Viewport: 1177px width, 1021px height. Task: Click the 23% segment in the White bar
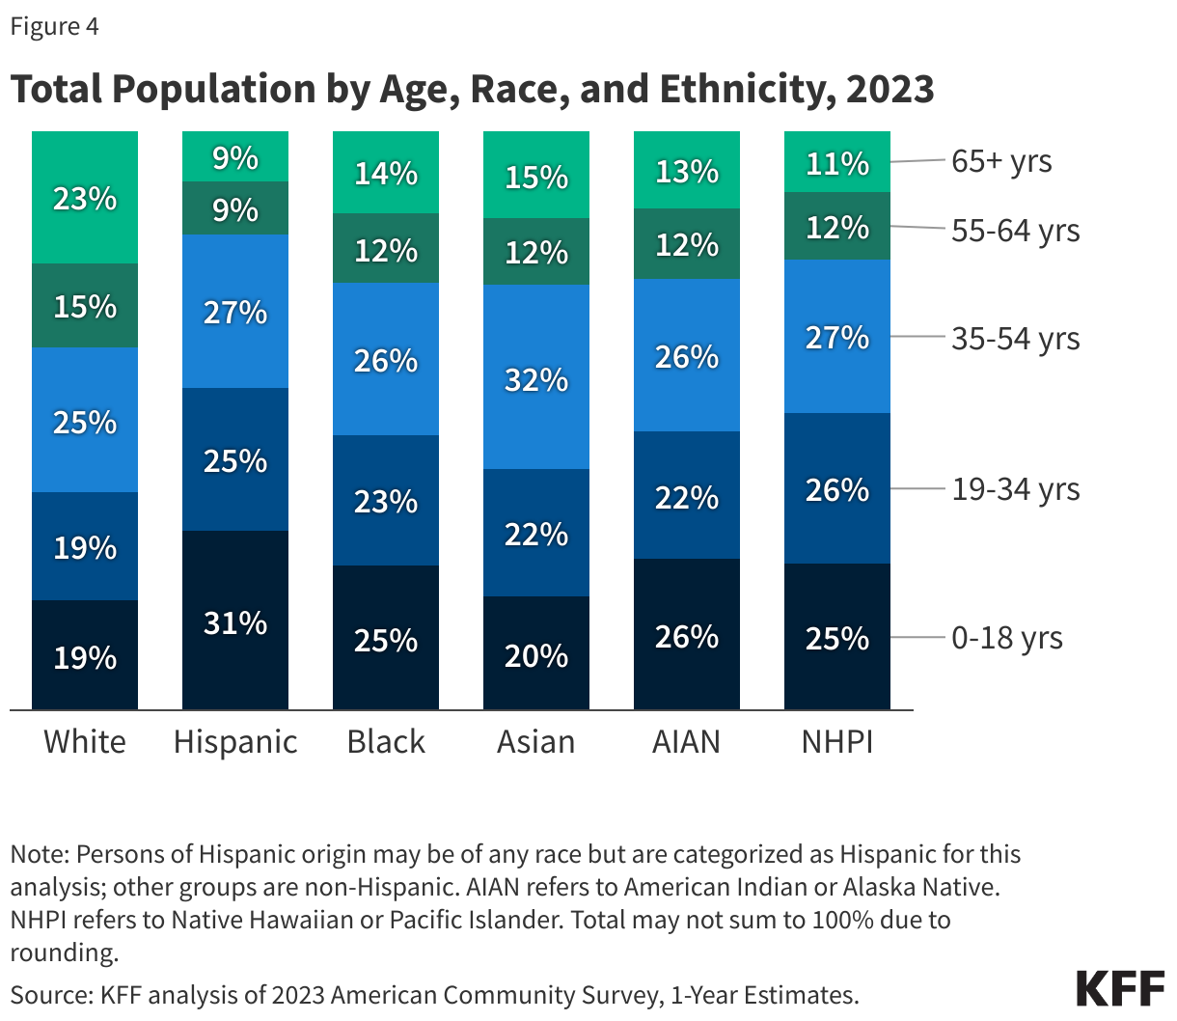(x=85, y=198)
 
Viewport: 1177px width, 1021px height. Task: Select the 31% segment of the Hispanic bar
(x=235, y=621)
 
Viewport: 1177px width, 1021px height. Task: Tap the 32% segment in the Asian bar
(x=536, y=378)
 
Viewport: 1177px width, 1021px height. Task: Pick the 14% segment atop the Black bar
(x=386, y=173)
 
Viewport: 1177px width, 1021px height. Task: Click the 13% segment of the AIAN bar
(x=687, y=171)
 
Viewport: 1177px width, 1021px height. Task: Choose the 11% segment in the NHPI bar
(x=837, y=163)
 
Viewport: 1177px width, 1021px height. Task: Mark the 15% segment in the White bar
(x=85, y=306)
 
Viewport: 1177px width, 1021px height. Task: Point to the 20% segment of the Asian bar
(x=536, y=654)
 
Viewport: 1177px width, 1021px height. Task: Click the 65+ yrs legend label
(x=1001, y=161)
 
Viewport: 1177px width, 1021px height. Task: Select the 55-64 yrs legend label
(x=1015, y=231)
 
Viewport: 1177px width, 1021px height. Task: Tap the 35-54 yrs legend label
(x=1015, y=339)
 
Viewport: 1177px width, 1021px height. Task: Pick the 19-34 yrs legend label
(x=1015, y=489)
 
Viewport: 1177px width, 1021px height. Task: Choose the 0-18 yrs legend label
(x=1007, y=638)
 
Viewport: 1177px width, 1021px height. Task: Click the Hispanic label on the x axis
(x=235, y=741)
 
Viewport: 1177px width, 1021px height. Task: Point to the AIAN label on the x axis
(x=687, y=741)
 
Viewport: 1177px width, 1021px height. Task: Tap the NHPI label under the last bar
(x=837, y=741)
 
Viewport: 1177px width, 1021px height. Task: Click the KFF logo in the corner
(x=1120, y=989)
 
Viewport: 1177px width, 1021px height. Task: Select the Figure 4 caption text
(x=55, y=26)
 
